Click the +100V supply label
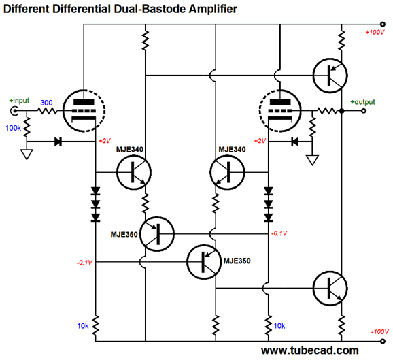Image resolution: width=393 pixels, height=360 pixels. coord(375,33)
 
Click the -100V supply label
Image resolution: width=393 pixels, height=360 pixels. coord(379,331)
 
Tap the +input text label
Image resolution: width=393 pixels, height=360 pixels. coord(19,101)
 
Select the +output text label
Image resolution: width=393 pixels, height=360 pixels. coord(362,102)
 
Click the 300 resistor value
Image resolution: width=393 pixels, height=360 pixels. coord(46,103)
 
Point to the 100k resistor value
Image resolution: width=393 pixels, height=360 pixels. coord(13,128)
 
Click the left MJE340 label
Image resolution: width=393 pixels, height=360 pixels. coord(130,150)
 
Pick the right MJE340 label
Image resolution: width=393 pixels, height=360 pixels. coord(232,150)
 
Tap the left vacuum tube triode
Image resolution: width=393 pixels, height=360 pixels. coord(84,111)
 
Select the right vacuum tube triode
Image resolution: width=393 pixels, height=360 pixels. coord(280,111)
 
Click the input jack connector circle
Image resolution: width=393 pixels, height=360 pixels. coord(14,111)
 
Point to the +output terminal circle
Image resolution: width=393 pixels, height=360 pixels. coord(364,111)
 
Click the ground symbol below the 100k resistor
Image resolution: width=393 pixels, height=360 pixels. coord(27,154)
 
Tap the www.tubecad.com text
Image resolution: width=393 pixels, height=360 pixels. coord(310,350)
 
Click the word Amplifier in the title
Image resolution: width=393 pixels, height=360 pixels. coord(213,9)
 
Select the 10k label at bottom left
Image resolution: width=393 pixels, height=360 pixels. coord(83,326)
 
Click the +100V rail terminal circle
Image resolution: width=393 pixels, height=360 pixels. coord(383,24)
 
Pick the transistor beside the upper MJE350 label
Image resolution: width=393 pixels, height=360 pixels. coord(157,234)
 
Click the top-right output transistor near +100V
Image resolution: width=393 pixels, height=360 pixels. coord(330,76)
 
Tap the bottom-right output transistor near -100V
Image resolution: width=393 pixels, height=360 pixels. coord(330,289)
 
